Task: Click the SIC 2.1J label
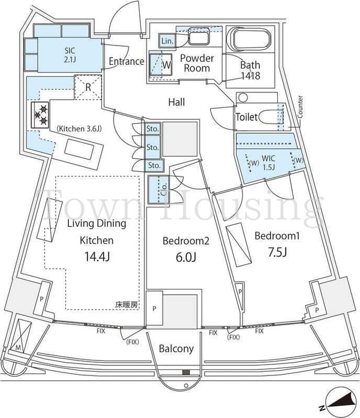[x=70, y=55]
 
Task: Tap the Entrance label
[x=127, y=61]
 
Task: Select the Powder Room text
[x=197, y=63]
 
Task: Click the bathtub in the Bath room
[x=250, y=39]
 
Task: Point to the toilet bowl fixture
[x=270, y=117]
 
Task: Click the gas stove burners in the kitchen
[x=40, y=115]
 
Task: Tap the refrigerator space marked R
[x=88, y=87]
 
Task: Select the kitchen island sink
[x=80, y=149]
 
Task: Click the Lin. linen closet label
[x=167, y=41]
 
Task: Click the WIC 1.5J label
[x=268, y=162]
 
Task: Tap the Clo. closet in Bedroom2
[x=158, y=190]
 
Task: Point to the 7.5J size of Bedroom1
[x=277, y=252]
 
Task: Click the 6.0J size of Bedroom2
[x=186, y=257]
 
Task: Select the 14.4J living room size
[x=97, y=257]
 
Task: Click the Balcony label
[x=176, y=348]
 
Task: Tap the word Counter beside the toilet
[x=300, y=107]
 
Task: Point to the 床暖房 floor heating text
[x=127, y=305]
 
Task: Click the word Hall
[x=176, y=102]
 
